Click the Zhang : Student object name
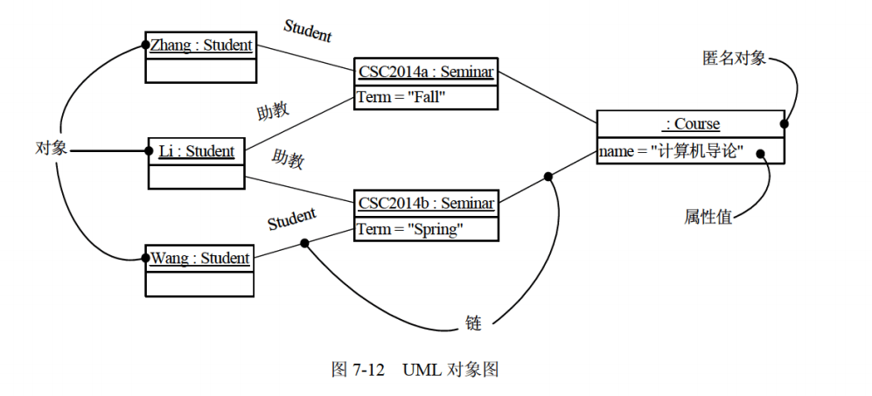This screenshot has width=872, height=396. pos(200,45)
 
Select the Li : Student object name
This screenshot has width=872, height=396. pos(196,151)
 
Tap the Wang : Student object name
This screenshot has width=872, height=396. pos(199,258)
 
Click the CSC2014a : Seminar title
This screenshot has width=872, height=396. pos(426,73)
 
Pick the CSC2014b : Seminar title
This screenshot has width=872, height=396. pos(426,204)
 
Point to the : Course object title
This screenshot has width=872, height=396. pos(691,124)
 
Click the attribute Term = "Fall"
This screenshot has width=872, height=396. pos(401,97)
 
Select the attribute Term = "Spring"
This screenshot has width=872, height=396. pos(409,229)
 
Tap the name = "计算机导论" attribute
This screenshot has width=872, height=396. pos(671,151)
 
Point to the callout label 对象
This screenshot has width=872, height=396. pos(51,148)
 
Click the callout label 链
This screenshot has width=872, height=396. pos(473,323)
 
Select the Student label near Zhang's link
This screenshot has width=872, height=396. pos(308,31)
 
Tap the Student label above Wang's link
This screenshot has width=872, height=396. pos(291,219)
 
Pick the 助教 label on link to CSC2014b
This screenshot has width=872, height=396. pos(287,160)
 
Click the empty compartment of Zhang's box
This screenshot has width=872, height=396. pos(199,70)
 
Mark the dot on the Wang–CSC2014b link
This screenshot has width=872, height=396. pos(305,243)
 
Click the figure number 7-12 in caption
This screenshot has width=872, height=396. pos(368,369)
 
